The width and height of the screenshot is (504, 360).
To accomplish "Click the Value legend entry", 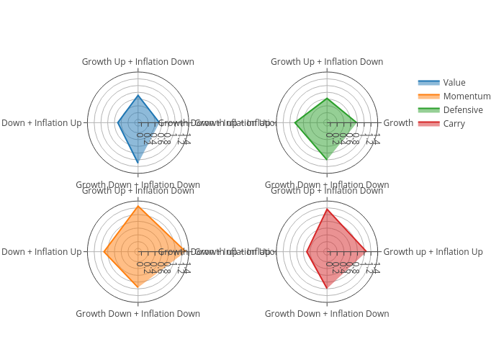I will (x=454, y=83).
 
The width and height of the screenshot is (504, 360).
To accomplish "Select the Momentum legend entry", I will (x=467, y=96).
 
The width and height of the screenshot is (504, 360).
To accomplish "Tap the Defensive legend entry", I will (x=463, y=110).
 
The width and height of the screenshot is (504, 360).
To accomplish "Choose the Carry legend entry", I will (x=454, y=124).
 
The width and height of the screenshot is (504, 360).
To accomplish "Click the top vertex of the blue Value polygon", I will (x=138, y=95).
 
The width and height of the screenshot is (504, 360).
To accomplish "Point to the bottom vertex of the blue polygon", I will (x=138, y=163).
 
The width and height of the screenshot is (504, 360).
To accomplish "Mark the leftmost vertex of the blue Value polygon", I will (x=118, y=123).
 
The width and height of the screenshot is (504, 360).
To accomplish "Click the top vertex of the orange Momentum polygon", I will (x=138, y=207).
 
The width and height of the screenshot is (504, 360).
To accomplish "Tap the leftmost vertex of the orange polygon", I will (x=104, y=252).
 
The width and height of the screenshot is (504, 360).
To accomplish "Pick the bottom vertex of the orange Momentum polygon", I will (x=138, y=287).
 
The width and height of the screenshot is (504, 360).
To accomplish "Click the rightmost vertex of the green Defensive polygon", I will (x=356, y=123).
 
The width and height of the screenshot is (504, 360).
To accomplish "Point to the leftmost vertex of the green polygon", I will (x=295, y=123).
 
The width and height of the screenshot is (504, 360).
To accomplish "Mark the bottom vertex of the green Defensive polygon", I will (x=327, y=159).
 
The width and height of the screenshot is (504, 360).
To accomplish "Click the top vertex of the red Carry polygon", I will (x=327, y=210).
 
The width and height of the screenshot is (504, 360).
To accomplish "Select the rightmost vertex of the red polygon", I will (x=366, y=252).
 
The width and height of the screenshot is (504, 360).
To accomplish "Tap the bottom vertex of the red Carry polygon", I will (x=327, y=288).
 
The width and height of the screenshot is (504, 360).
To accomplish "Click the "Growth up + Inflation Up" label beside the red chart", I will (x=433, y=252).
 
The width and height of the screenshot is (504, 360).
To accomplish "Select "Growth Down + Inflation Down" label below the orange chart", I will (x=138, y=314).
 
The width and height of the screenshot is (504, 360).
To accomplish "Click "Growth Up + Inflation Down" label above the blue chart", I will (x=138, y=62).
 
